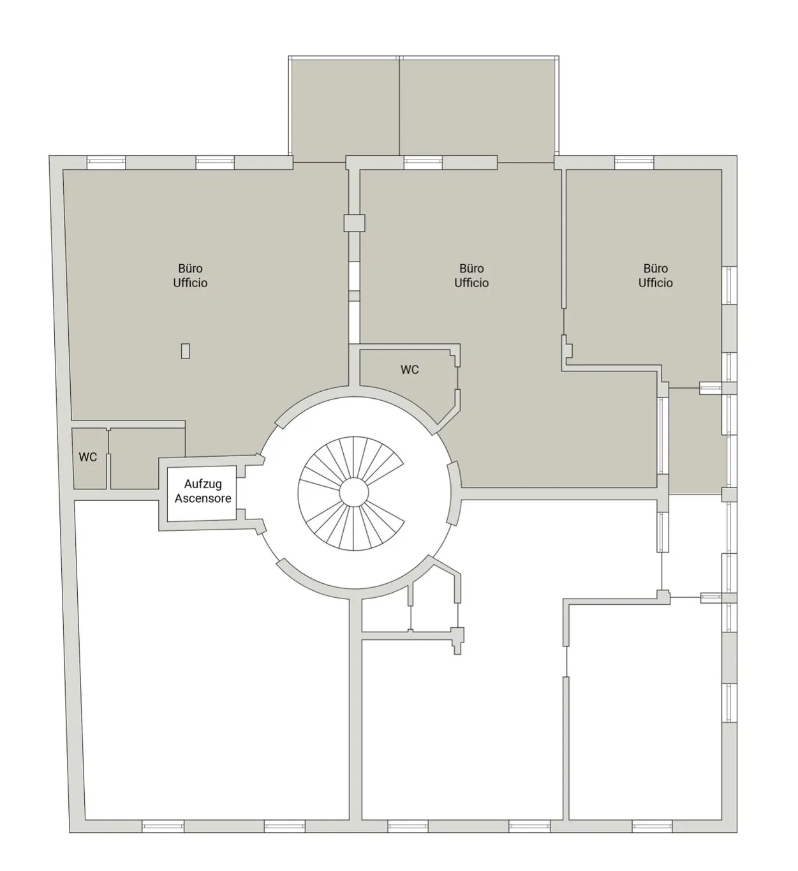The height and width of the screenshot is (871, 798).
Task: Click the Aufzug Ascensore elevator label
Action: pos(203,491)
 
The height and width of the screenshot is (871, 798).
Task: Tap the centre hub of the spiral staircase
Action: pos(354,493)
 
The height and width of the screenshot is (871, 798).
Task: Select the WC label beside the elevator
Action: pos(87,457)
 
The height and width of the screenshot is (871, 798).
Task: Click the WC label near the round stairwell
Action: pos(410,369)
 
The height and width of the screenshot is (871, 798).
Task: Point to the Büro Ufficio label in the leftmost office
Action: pos(190,276)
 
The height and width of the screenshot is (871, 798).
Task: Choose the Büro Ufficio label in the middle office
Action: pos(471,276)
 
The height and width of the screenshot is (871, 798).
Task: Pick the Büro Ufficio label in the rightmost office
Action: pos(656,276)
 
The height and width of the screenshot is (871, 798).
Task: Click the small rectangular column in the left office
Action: pos(186,351)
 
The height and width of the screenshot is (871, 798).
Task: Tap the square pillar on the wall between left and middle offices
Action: pos(354,223)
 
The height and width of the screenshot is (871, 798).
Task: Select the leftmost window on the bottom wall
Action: pos(163,826)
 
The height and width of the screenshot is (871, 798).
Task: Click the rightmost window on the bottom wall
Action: pos(652,826)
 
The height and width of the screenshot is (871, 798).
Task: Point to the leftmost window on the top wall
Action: pos(106,163)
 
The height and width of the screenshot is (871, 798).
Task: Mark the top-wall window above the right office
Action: pos(634,163)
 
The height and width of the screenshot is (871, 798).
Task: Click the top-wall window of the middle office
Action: pos(423,163)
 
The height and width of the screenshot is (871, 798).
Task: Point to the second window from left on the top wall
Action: pos(215,163)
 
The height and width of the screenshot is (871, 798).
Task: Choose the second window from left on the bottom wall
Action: pos(284,826)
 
